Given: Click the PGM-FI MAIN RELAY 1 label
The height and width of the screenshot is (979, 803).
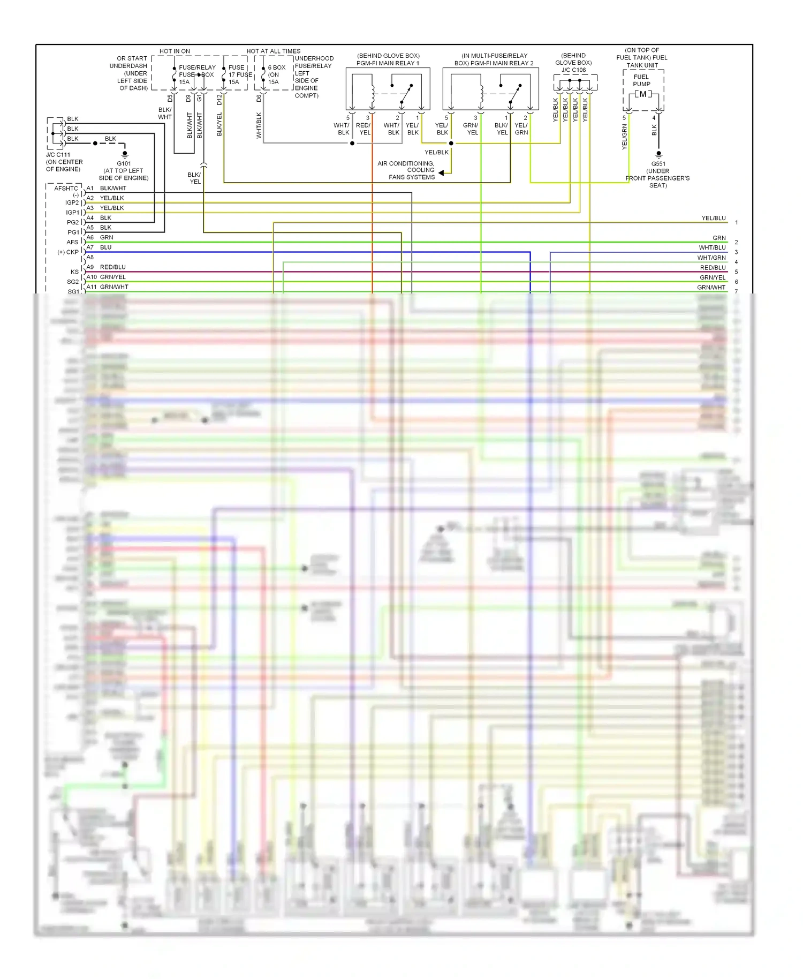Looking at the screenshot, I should tap(388, 63).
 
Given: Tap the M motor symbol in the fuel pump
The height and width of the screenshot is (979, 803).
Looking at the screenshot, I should tap(642, 94).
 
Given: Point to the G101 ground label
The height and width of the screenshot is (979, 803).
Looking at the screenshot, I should tap(124, 164).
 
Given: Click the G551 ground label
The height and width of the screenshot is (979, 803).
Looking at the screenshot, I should tap(658, 164).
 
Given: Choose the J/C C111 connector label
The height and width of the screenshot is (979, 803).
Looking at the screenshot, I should tap(58, 155).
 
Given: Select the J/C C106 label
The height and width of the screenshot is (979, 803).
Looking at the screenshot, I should tap(573, 70).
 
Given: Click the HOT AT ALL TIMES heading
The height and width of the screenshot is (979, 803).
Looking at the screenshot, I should tap(273, 51).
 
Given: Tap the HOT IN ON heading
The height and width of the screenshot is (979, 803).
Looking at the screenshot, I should tap(175, 51).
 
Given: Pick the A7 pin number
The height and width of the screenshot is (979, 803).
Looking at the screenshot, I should tap(90, 247).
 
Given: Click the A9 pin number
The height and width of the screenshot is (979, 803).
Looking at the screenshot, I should tap(90, 267).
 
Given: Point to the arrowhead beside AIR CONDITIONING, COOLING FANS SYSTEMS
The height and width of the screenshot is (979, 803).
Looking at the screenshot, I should tap(441, 172).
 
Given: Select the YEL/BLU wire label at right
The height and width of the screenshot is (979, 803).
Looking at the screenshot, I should tap(714, 219).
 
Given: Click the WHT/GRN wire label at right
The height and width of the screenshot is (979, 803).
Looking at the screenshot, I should tap(711, 258).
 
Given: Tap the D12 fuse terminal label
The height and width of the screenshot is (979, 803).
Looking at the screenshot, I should tap(219, 99).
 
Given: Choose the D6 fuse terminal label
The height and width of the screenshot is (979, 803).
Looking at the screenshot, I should tap(259, 99).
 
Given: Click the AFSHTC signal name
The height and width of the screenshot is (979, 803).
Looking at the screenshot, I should tap(66, 189).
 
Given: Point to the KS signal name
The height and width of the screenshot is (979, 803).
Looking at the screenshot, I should tap(74, 272).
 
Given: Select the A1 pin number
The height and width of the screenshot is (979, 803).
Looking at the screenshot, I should tap(90, 189).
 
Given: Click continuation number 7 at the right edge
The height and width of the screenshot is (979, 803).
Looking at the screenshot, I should tap(736, 292).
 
